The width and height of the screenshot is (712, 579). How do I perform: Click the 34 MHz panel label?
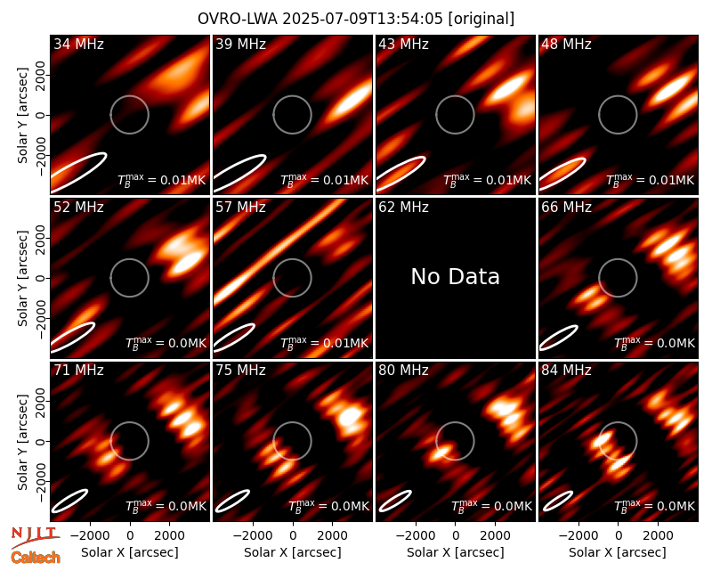point(78,44)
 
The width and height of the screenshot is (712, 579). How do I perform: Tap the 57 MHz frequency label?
point(240,208)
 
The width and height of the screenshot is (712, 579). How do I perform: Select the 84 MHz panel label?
point(566,371)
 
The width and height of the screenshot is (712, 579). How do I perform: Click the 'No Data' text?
point(456,277)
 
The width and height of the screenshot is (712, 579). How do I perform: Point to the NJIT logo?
point(35,537)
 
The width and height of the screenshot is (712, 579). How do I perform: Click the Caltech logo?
point(36,558)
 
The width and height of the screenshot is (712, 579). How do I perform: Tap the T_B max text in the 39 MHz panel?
point(324,180)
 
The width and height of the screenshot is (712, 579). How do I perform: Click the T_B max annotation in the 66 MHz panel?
point(654,343)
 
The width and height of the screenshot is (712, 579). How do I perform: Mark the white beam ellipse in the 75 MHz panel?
point(232,501)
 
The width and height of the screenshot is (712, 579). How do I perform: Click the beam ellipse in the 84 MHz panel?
point(558,501)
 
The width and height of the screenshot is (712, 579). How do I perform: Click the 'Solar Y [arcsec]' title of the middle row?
point(22,278)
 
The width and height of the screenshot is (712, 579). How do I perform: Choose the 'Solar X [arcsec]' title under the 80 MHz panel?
point(455,552)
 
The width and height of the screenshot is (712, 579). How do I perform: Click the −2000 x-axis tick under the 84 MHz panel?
point(574,536)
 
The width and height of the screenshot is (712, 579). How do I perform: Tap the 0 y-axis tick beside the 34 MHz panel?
point(41,115)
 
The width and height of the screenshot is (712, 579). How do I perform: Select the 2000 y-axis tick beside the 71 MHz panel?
point(41,402)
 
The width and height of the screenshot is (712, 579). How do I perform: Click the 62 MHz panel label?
point(403,208)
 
